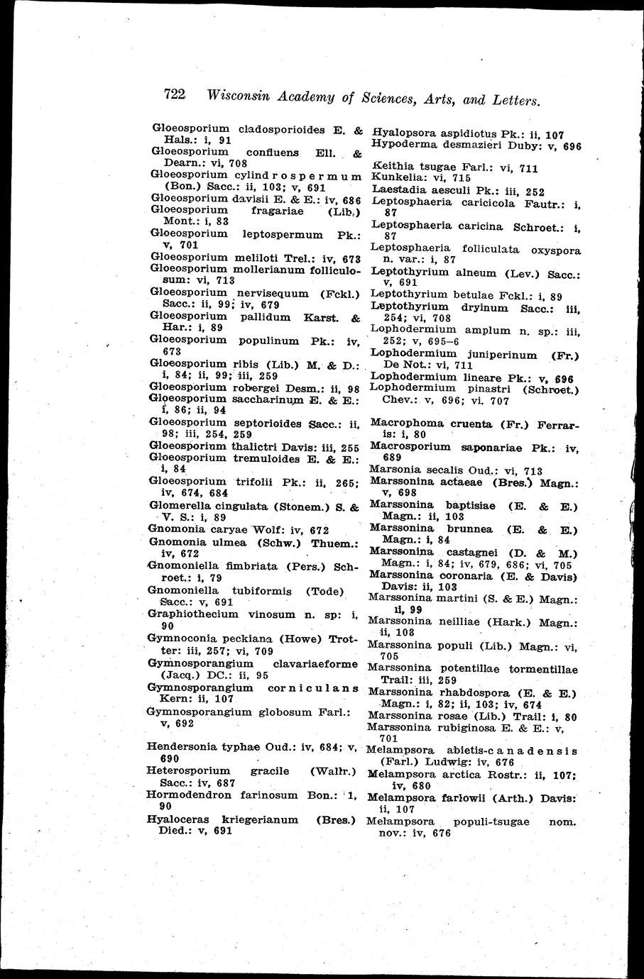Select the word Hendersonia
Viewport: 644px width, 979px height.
[x=181, y=746]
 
